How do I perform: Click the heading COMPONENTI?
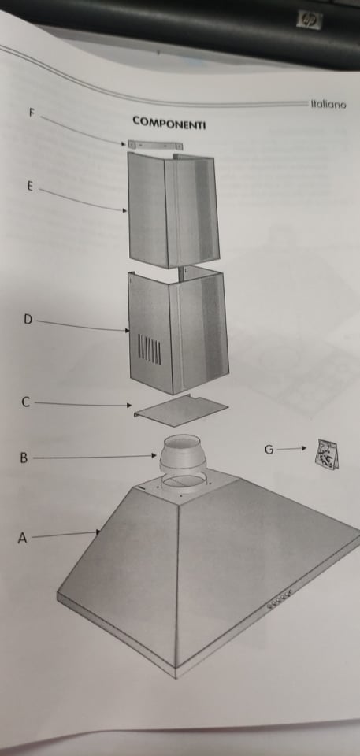169,123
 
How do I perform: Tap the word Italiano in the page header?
328,104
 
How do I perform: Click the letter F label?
32,113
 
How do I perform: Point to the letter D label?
28,319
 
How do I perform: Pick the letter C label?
25,402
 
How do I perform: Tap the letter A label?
22,538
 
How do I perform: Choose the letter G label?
269,450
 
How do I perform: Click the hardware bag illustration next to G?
327,454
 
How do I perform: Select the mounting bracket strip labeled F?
155,145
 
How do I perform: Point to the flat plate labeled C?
180,410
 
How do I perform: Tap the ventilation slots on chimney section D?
150,350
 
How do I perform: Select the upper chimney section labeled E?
173,210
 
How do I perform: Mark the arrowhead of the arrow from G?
303,448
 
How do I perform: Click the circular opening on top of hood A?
184,482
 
